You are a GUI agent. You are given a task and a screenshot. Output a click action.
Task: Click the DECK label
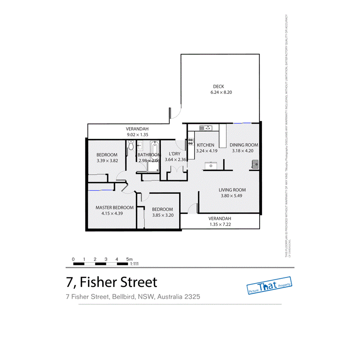pyautogui.click(x=218, y=87)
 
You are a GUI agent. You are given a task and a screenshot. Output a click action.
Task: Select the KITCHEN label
pyautogui.click(x=205, y=145)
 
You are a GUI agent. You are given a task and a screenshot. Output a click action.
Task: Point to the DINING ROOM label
pyautogui.click(x=244, y=145)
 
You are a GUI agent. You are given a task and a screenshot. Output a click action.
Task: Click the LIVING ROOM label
pyautogui.click(x=232, y=190)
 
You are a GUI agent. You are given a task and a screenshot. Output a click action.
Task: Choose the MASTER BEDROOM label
pyautogui.click(x=114, y=207)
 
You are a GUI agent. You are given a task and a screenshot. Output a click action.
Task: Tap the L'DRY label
pyautogui.click(x=173, y=154)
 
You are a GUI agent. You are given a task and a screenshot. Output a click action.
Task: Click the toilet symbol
pyautogui.click(x=131, y=146)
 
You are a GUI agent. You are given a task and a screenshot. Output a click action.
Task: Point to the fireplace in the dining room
pyautogui.click(x=255, y=165)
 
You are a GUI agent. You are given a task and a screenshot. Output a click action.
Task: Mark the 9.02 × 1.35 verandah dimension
pyautogui.click(x=137, y=135)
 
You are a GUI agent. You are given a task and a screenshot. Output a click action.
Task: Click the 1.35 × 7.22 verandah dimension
pyautogui.click(x=220, y=224)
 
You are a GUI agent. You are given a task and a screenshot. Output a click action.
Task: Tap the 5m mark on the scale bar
pyautogui.click(x=129, y=259)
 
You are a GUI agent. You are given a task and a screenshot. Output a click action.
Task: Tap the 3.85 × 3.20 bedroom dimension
pyautogui.click(x=163, y=215)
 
